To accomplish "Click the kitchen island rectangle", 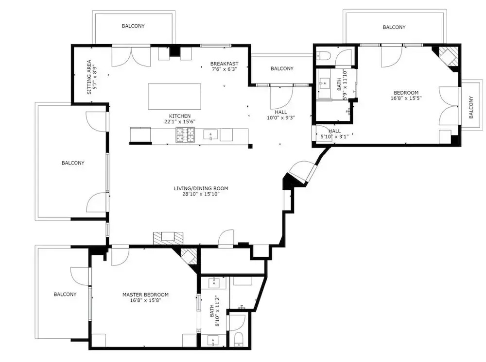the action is pos(174,96).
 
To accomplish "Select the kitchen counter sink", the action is pos(210,134).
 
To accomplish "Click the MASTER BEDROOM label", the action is pos(145,295).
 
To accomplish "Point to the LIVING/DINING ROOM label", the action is pos(201,188).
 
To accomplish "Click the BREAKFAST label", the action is pos(225,64).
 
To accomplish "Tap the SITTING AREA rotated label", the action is pos(89,77).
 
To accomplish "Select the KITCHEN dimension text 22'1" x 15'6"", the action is pos(180,122).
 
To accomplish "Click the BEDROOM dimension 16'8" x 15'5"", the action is pos(406,98).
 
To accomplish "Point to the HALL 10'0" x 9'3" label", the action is pos(281,115).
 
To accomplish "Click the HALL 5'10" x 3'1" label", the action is pos(334,133).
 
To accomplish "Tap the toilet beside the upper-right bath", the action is pos(323,56).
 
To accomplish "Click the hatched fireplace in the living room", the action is pos(168,238).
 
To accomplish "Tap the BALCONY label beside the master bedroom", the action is pos(65,294).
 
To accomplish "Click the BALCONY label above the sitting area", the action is pos(133,26).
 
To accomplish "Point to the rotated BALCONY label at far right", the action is pos(471,107).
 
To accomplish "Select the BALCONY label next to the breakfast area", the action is pos(282,68).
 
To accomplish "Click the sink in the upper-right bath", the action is pos(325,83).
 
